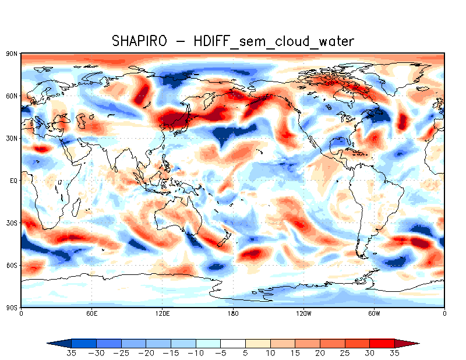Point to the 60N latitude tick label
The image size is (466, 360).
[12, 96]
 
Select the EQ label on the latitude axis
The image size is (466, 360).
[13, 181]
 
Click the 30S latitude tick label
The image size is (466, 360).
[12, 223]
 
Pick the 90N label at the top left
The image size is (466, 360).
[12, 54]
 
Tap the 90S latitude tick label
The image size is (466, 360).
[12, 308]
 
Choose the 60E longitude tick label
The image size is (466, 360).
[91, 313]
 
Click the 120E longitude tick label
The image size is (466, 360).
[162, 313]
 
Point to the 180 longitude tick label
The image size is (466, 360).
[233, 313]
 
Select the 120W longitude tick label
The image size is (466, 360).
[303, 313]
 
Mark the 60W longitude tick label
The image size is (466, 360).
[374, 313]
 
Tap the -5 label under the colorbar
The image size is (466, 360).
[221, 353]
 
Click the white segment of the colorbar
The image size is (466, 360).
[233, 343]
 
